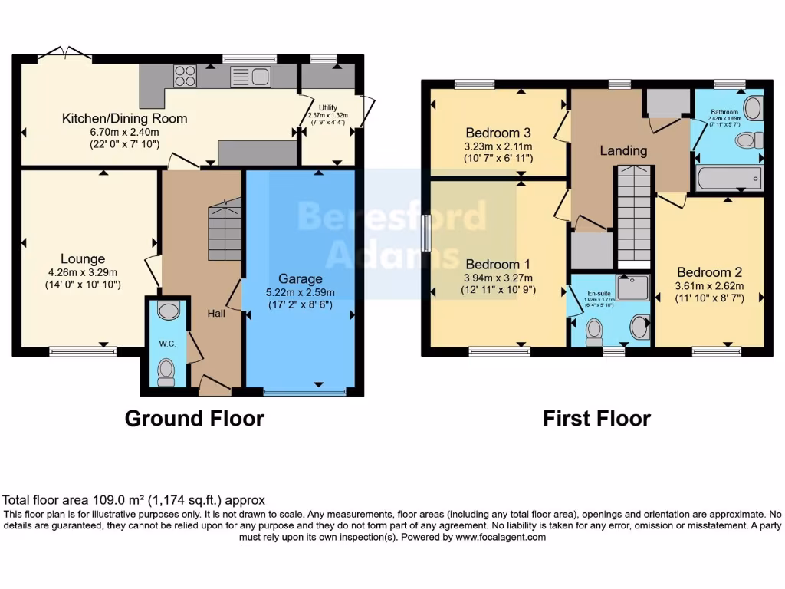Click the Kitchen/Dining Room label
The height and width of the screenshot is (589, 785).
(x=124, y=119)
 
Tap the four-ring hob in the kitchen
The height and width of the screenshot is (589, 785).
(x=186, y=75)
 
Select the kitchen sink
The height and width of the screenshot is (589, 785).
(x=249, y=76)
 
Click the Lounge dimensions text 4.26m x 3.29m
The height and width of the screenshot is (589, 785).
(x=84, y=272)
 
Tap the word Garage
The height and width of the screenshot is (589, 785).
(x=301, y=278)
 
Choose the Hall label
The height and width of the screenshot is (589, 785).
(x=215, y=313)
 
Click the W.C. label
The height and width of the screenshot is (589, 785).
(x=168, y=344)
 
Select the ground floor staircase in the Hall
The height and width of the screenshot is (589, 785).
(x=224, y=230)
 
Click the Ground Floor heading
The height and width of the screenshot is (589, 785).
(x=194, y=419)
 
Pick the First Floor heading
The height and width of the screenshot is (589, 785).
(x=596, y=419)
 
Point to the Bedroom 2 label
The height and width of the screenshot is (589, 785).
(x=710, y=272)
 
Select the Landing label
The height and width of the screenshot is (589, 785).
(x=623, y=150)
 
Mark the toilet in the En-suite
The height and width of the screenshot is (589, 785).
(x=593, y=330)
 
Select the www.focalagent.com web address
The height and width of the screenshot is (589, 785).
(x=501, y=538)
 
